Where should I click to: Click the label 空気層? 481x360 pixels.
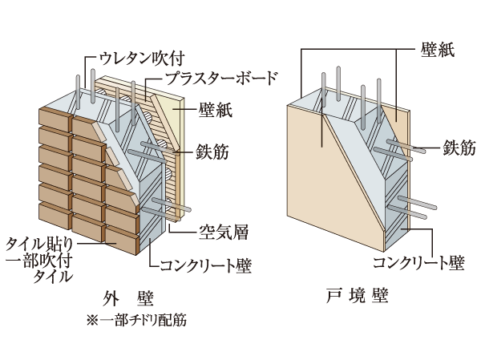pyautogui.click(x=223, y=233)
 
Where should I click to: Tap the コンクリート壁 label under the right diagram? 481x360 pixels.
pyautogui.click(x=417, y=261)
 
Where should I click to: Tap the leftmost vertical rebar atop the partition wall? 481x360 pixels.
pyautogui.click(x=324, y=88)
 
